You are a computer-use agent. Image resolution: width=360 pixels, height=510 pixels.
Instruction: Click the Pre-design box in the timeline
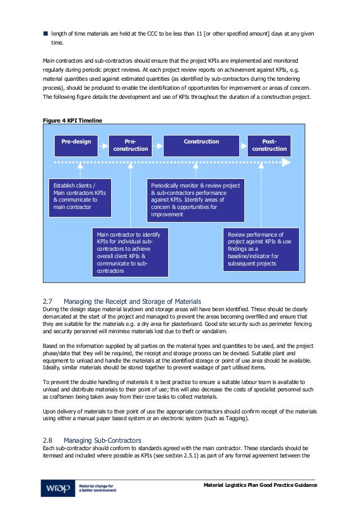pos(76,145)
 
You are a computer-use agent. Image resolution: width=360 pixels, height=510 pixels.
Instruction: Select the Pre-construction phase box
pos(131,145)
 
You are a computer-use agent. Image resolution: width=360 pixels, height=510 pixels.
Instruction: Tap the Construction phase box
pos(201,145)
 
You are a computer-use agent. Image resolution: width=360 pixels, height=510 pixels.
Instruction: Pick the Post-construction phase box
pos(269,145)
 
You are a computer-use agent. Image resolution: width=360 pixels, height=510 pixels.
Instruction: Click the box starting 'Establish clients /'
pos(80,196)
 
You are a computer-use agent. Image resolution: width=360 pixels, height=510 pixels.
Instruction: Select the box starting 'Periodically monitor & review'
pos(196,200)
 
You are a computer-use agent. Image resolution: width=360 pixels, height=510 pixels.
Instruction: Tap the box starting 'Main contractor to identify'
pos(130,252)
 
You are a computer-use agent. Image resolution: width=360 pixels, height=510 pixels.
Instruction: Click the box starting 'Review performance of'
pos(261,249)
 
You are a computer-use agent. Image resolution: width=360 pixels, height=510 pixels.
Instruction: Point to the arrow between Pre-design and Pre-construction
pos(103,145)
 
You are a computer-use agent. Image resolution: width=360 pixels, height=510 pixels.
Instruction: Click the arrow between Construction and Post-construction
pos(243,145)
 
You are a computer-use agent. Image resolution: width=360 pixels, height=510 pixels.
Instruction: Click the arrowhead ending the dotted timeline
pos(287,163)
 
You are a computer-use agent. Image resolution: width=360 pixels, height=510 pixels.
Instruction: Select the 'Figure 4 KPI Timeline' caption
pos(73,120)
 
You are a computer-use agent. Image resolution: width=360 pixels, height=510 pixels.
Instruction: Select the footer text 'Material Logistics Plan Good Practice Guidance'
pos(260,485)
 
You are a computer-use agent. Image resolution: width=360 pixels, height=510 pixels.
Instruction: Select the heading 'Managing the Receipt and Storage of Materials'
pos(132,301)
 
